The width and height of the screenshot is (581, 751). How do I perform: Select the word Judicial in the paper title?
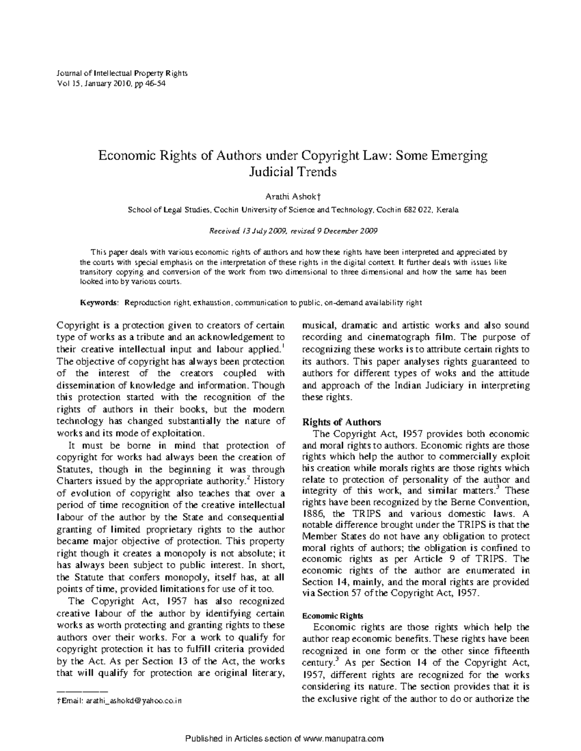click(269, 172)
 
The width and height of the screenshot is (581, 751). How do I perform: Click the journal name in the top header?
click(122, 74)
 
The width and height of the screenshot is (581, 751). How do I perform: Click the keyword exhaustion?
click(214, 303)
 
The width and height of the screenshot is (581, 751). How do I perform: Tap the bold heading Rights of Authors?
click(341, 422)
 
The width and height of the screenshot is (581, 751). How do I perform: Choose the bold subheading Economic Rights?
click(332, 616)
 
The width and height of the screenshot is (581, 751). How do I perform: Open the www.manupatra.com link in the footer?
click(342, 738)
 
